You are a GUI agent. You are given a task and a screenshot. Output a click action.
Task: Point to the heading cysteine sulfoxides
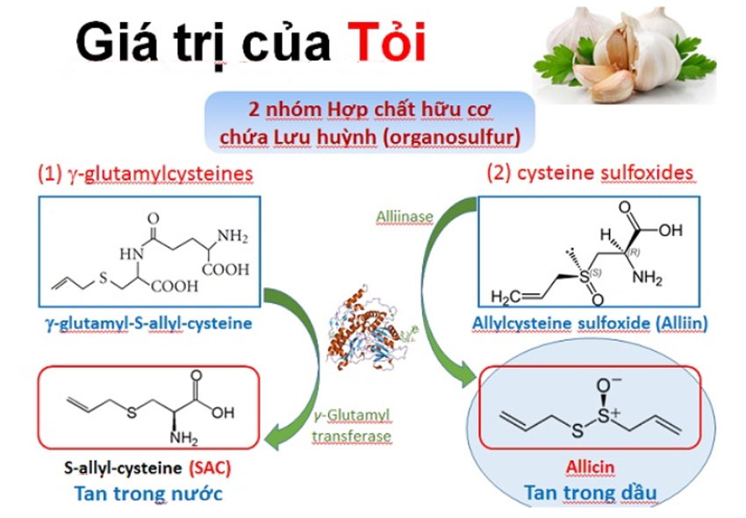click(592, 172)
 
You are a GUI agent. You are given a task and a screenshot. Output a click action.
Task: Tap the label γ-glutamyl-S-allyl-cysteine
click(147, 324)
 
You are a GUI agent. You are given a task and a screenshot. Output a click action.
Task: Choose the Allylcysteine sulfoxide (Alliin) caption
click(590, 324)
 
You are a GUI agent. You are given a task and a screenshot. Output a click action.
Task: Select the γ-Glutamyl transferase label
click(350, 427)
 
